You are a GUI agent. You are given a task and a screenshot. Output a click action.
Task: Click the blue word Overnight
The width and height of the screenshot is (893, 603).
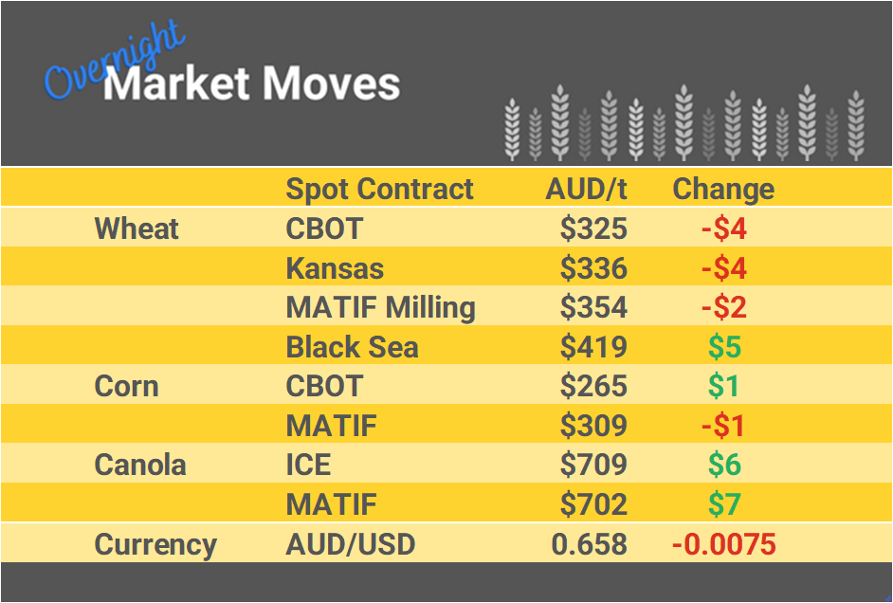pos(114,62)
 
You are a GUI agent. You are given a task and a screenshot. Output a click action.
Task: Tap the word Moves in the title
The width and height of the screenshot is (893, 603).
pos(331,84)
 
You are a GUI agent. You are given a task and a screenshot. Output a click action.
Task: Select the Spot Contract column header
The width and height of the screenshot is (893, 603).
pos(379,189)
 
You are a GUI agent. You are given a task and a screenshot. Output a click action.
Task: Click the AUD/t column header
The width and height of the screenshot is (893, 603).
pos(586,189)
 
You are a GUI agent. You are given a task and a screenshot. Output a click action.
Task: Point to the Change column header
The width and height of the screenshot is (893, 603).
pos(723,189)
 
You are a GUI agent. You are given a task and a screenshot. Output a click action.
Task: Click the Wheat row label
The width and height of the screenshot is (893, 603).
pos(137,228)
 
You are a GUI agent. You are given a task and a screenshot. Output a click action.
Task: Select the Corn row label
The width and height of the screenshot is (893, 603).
pos(126,387)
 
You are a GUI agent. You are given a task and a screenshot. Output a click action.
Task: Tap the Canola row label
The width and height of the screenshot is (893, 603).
pos(140,466)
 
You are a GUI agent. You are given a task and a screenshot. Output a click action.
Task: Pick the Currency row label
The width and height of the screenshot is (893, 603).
pos(155,545)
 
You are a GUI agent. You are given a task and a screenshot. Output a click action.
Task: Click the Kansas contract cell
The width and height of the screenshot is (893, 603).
pos(335,268)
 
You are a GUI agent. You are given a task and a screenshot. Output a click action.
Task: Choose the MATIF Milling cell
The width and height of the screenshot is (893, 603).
pos(380,308)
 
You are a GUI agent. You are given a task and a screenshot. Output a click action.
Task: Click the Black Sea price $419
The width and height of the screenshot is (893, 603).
pos(593,347)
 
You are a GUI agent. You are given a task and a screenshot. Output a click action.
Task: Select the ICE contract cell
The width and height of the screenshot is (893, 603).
pos(308,466)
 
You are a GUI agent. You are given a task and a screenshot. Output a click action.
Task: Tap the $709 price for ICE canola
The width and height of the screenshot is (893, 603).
pos(593,466)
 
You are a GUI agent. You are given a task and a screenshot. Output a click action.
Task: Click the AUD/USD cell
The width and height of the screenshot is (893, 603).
pos(350,545)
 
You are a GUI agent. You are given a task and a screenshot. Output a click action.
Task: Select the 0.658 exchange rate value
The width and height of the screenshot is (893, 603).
pos(589,545)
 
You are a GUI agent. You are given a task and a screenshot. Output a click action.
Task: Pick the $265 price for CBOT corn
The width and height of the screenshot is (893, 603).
pos(593,387)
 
